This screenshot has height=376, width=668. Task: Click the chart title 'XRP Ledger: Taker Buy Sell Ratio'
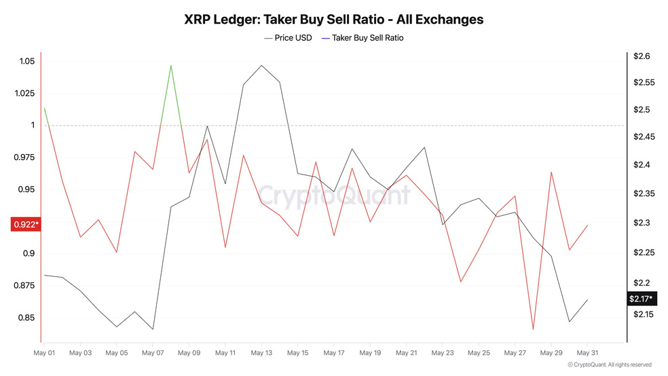(x=333, y=19)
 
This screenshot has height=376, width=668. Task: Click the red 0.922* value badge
(x=26, y=225)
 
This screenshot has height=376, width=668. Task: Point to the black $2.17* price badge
(x=642, y=299)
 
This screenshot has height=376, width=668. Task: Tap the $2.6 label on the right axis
(x=642, y=56)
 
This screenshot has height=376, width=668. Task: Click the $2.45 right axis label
(x=644, y=137)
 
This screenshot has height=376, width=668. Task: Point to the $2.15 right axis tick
(x=644, y=314)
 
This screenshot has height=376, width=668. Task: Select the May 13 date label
(x=261, y=353)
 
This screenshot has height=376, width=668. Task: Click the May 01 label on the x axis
(x=44, y=353)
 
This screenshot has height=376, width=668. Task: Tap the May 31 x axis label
(x=588, y=353)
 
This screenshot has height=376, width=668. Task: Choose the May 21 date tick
(x=407, y=353)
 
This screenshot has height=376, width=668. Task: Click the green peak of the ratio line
(x=170, y=66)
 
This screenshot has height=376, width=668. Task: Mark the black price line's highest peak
(x=261, y=66)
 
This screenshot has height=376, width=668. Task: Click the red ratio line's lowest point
(x=533, y=329)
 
